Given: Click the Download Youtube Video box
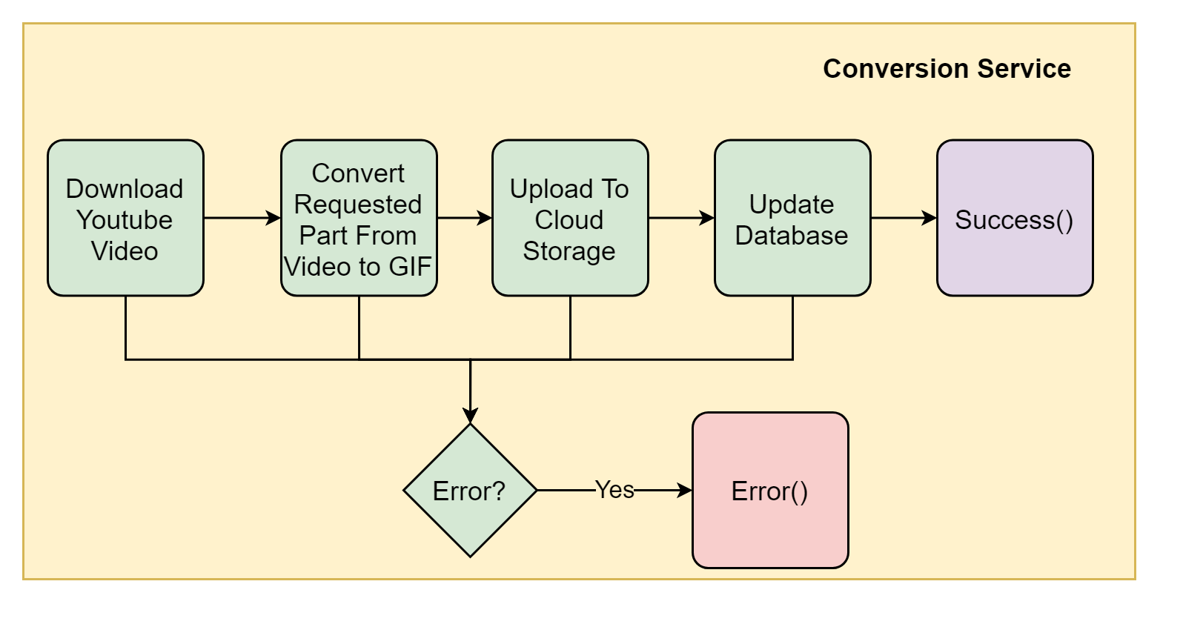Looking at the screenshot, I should (x=125, y=218).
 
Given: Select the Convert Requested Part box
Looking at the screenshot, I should (x=359, y=218).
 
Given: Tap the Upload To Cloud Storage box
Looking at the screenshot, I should (x=570, y=218).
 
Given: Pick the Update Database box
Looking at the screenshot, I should (x=792, y=218).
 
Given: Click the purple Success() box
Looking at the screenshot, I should (x=1014, y=218).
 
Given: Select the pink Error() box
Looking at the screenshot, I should (x=770, y=490).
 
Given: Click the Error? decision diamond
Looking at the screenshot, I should (x=470, y=490).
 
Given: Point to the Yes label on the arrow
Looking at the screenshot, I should (x=614, y=490).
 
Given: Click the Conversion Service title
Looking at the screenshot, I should (x=947, y=69).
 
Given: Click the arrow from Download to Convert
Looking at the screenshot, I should (x=242, y=218).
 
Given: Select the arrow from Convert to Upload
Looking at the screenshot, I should (x=464, y=218).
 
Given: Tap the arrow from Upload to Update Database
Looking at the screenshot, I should (x=680, y=218).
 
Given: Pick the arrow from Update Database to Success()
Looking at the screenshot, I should (x=903, y=218).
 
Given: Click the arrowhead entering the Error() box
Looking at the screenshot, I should (x=685, y=490).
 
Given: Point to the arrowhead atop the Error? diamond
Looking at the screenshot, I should (x=470, y=416).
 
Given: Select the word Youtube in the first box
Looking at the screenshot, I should (x=125, y=220).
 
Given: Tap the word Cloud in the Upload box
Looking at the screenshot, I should (x=569, y=220).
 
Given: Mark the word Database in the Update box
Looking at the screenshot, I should (x=792, y=236).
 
